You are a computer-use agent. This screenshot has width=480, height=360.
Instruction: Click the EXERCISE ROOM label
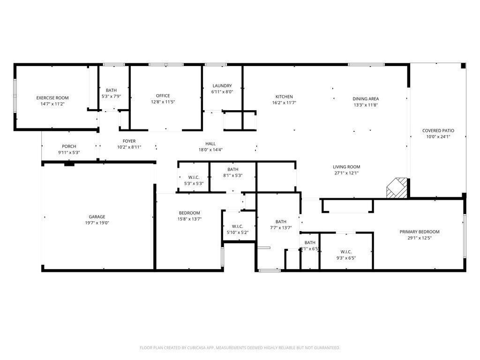52,98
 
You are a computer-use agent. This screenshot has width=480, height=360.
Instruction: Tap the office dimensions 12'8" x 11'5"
163,102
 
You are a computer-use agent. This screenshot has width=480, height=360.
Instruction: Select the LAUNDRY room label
222,86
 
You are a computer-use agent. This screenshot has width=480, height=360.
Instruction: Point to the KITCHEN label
284,97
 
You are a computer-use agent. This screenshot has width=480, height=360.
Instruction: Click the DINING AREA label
366,99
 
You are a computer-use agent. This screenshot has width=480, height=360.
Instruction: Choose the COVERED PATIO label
438,131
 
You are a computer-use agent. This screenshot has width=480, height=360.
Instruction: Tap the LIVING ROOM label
346,167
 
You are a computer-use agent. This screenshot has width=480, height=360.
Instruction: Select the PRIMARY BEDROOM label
419,232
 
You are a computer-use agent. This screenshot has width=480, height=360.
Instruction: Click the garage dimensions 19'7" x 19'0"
97,223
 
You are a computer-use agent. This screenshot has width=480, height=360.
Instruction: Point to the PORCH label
69,146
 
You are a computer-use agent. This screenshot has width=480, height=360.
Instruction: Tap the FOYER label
129,141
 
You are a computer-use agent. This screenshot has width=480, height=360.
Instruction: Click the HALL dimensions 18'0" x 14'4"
210,150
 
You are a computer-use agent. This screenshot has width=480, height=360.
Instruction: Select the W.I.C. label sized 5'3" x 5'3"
194,177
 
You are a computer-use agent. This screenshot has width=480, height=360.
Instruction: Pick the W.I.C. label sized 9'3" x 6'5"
346,251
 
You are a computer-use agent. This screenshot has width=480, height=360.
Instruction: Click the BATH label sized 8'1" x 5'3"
233,170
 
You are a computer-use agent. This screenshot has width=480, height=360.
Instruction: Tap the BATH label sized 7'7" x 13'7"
281,222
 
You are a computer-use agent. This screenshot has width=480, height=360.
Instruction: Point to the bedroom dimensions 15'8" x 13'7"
189,219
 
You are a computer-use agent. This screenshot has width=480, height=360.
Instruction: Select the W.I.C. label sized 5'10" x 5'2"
237,226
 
